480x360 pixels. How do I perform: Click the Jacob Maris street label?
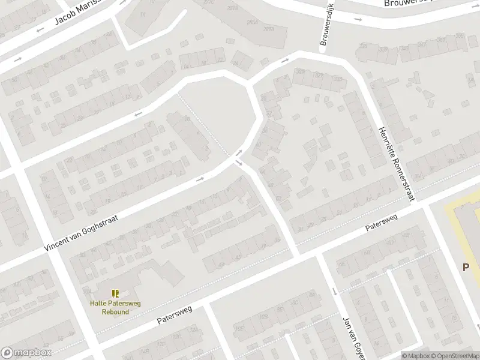pos(76,11)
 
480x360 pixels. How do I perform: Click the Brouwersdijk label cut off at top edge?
pos(408,3)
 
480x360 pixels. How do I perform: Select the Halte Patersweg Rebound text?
pos(115,307)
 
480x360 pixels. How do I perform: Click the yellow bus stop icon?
pos(115,293)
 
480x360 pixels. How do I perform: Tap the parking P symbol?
pos(466,267)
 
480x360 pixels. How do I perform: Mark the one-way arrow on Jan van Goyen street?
pos(334,292)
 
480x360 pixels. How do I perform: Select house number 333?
pos(337,79)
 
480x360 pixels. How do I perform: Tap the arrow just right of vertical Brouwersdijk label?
pos(358,19)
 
